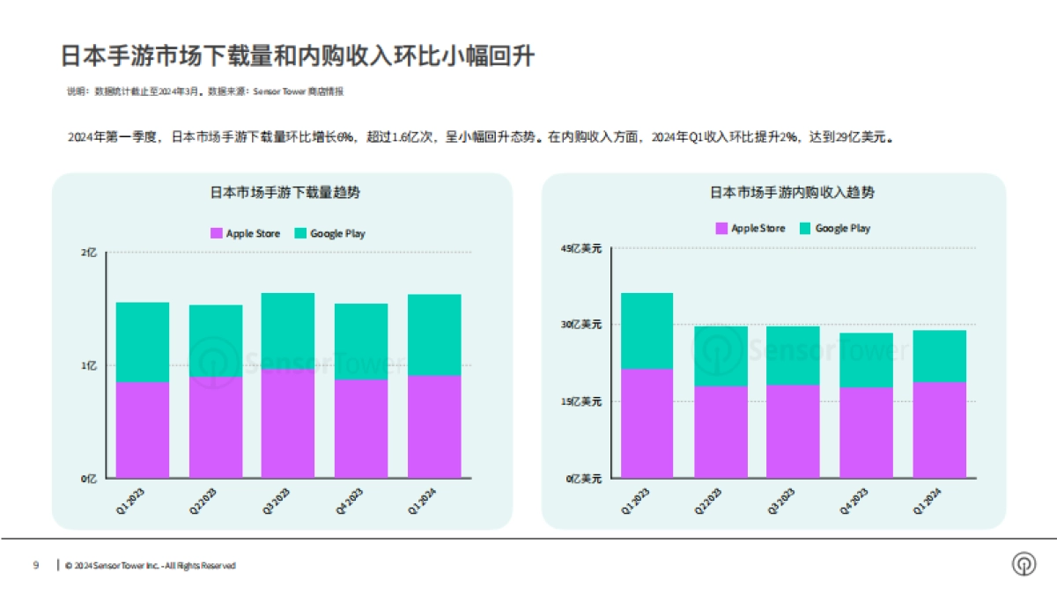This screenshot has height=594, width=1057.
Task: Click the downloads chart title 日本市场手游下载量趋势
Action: pos(284,192)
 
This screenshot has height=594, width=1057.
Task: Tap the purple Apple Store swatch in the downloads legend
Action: pos(217,234)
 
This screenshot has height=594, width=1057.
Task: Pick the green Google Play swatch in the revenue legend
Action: pos(804,229)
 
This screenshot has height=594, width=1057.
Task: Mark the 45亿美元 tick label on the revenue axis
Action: pos(581,249)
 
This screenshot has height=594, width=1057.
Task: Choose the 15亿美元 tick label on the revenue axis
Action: pos(581,401)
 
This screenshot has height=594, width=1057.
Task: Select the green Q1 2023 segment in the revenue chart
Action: pos(647,331)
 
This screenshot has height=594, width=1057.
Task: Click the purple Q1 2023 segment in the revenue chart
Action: pos(647,423)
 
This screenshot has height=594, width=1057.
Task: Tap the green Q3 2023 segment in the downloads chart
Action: pos(287,331)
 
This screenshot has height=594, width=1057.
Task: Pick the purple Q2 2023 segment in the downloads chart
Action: pos(216,428)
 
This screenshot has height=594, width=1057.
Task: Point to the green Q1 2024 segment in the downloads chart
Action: pos(434,334)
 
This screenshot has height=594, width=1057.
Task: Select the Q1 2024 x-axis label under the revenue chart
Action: pos(937,501)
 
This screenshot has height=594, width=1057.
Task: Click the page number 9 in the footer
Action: pos(36,565)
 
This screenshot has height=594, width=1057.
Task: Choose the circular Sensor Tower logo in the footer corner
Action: pos(1024,565)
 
